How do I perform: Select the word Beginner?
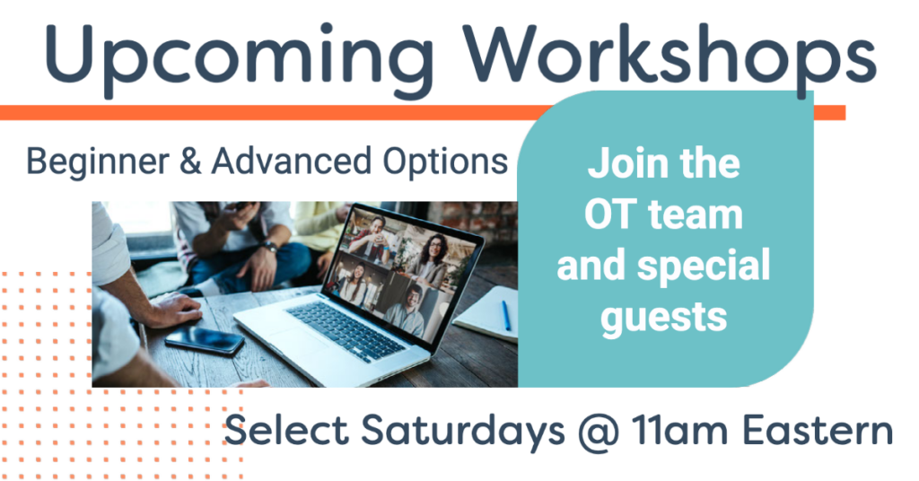pos(98,162)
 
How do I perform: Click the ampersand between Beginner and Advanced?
pos(190,162)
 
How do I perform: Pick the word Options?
pos(445,162)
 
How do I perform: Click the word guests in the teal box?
pos(663,319)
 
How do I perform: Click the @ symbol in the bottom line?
pos(599,433)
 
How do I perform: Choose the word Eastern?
pos(818,431)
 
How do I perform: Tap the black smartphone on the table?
pos(205,340)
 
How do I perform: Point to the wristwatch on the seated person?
pos(270,247)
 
